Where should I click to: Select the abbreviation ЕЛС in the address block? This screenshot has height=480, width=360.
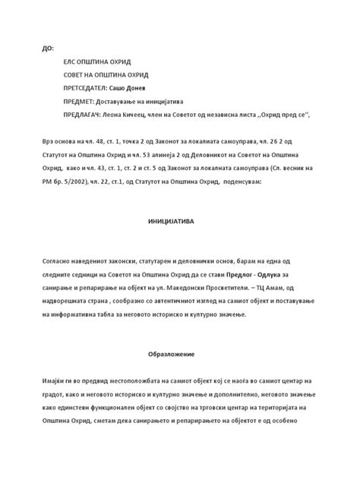[x=71, y=62]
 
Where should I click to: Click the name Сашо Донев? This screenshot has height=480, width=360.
[x=141, y=88]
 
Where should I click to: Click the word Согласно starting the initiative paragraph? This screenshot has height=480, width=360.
[x=61, y=261]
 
